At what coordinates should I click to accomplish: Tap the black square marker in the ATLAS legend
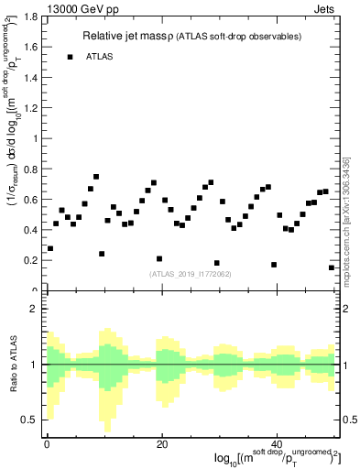tap(70, 57)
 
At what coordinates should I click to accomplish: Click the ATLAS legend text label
tap(101, 57)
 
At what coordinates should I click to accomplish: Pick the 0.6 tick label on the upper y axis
tap(29, 200)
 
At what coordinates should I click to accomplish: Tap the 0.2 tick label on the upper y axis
tap(29, 260)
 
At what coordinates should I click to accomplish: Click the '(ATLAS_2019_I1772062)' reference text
tap(189, 273)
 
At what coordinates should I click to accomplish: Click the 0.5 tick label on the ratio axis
tap(29, 420)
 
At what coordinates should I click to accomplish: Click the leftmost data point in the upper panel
tap(50, 248)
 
